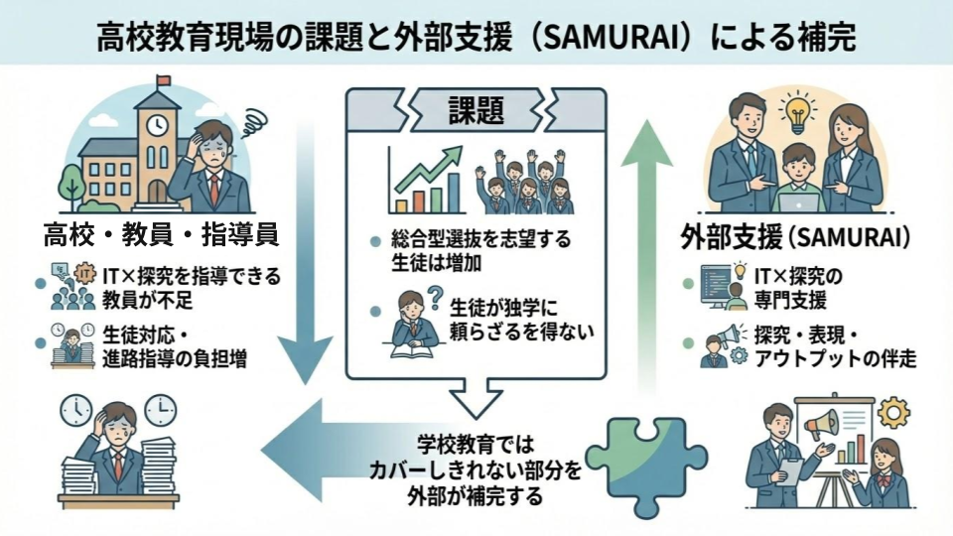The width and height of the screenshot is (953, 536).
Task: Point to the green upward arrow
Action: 646,248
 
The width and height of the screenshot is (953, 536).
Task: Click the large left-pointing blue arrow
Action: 328,437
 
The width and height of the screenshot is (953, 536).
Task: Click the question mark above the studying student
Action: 433,296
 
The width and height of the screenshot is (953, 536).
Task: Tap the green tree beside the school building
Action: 70,185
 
